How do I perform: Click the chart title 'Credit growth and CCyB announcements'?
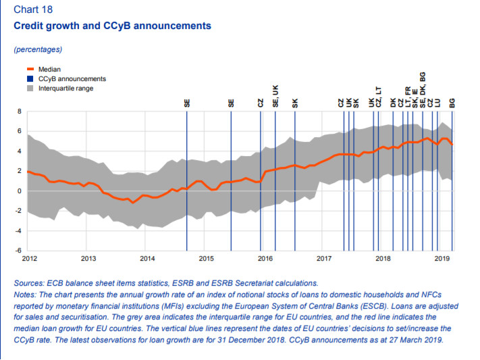coord(112,26)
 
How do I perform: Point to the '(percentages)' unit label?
coord(38,49)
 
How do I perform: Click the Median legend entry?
coord(49,69)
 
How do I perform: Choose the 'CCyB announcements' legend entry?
coord(72,78)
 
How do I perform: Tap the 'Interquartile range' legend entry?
coord(65,88)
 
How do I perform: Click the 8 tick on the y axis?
coord(20,111)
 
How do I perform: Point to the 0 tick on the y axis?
coord(20,191)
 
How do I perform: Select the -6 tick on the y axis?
coord(18,251)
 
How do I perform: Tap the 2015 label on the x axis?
coord(207,259)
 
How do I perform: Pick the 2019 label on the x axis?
coord(442,259)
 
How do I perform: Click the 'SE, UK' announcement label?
coord(275,96)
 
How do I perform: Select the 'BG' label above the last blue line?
coord(452,103)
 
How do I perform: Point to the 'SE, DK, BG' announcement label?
coord(423,91)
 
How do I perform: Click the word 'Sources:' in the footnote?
coord(32,284)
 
